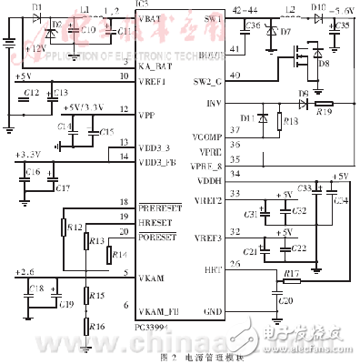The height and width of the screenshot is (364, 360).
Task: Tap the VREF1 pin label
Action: click(x=152, y=81)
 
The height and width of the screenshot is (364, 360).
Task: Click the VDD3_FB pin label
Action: click(x=156, y=161)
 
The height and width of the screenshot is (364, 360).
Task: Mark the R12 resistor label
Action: click(x=74, y=227)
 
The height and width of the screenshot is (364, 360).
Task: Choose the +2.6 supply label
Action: click(x=26, y=271)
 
